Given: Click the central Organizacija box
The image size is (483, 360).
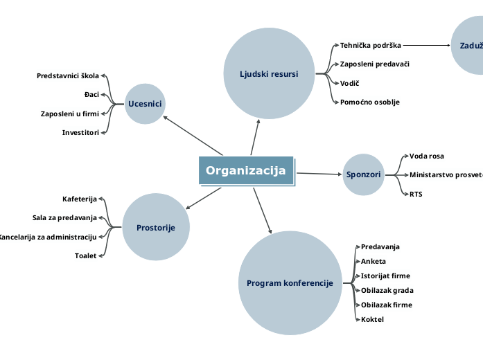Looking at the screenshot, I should point(246,171).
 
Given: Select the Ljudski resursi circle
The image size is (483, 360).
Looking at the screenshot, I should point(269,73).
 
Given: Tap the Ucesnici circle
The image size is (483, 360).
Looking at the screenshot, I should point(145,104).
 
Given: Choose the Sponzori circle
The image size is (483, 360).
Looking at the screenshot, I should point(364,174).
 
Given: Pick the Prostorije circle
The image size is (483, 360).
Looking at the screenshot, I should point(156,227).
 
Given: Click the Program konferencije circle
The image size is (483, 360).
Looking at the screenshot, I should point(290,283).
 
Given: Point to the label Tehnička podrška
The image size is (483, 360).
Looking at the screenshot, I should point(371,45).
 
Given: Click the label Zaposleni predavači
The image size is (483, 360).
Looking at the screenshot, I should point(374,64).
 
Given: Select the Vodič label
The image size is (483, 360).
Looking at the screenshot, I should point(349,83).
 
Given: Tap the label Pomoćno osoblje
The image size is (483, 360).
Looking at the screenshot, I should point(369,102).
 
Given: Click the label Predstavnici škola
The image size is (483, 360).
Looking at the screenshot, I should point(68,75).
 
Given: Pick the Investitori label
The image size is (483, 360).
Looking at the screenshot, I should point(80,132).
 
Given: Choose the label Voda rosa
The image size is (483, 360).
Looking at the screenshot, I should point(426,156).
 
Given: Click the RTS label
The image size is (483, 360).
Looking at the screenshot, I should point(416,194).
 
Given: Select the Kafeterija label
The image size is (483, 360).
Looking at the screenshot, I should point(80,199).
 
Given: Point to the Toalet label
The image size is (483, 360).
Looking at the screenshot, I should point(86,255).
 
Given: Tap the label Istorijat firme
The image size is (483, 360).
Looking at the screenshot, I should point(385,276).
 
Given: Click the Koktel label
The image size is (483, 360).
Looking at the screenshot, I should point(372,319).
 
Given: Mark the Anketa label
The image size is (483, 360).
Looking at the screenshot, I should point(374,261).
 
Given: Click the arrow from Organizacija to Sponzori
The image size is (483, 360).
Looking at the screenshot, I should point(319,173).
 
